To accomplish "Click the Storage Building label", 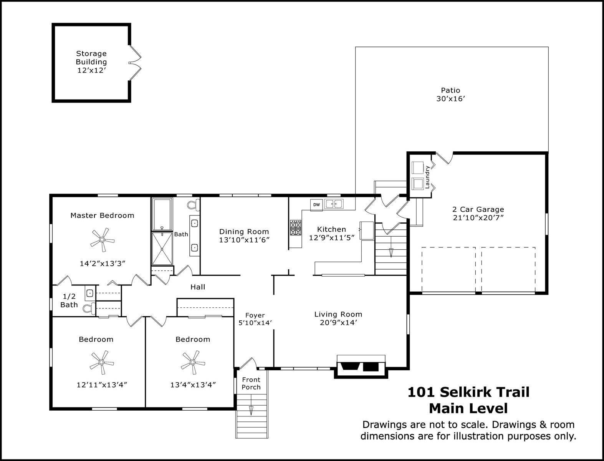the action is coord(91,58).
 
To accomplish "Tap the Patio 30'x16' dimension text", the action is coord(450,99).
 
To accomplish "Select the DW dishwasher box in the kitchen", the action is coord(316,205).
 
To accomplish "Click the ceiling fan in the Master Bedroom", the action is coord(103,240).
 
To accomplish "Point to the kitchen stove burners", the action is coord(296,227).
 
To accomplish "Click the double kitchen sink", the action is coord(334,204).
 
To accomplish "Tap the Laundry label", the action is coord(427,177).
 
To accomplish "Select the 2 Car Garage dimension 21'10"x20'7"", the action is coord(478,218).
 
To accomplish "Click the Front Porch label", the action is coord(251,383).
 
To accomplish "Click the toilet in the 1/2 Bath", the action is coord(89,308).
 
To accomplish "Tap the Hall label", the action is coord(198,287).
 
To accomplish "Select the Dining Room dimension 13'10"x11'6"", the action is coord(244,240).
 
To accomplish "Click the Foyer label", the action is coord(255,315).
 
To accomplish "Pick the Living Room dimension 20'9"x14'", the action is coord(338,323).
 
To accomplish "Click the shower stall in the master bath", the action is coord(162,249).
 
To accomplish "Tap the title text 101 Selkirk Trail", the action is coord(468,392).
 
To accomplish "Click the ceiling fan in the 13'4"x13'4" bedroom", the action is coord(193,362).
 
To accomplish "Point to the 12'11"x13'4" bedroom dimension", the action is coord(102,385).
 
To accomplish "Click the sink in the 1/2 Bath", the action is coord(90,293).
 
